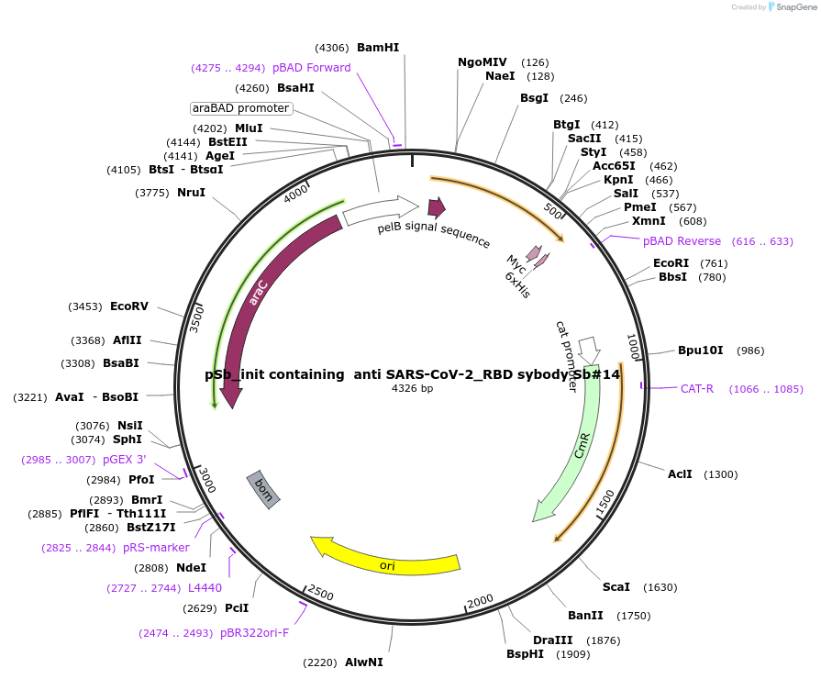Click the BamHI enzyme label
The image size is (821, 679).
pyautogui.click(x=378, y=48)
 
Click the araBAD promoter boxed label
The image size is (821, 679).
pyautogui.click(x=240, y=108)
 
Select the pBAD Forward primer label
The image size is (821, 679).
pyautogui.click(x=312, y=68)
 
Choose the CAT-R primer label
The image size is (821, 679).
pyautogui.click(x=697, y=389)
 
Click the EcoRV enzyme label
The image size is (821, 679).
pyautogui.click(x=129, y=306)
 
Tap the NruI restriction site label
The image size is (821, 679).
pyautogui.click(x=191, y=193)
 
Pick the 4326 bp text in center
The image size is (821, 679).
pyautogui.click(x=412, y=389)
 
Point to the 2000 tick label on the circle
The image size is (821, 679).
pyautogui.click(x=481, y=601)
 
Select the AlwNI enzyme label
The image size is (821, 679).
pyautogui.click(x=364, y=662)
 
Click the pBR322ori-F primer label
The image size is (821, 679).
pyautogui.click(x=254, y=633)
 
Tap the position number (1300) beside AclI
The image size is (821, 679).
pyautogui.click(x=720, y=474)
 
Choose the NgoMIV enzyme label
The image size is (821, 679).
pyautogui.click(x=483, y=62)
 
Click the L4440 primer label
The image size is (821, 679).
pyautogui.click(x=205, y=588)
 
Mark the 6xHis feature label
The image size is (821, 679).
pyautogui.click(x=517, y=284)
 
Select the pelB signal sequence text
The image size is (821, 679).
pyautogui.click(x=434, y=235)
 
